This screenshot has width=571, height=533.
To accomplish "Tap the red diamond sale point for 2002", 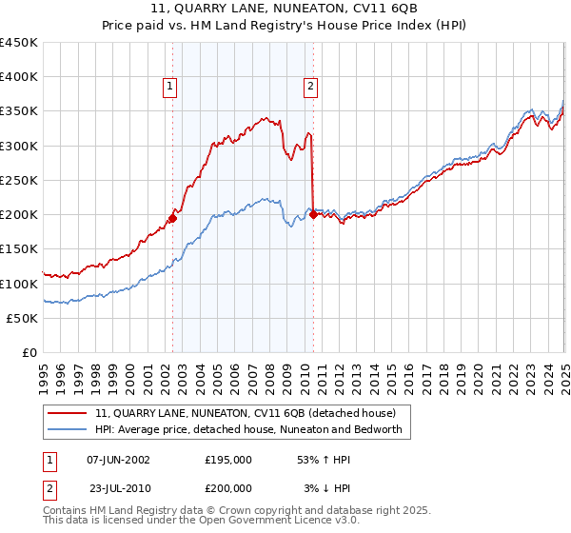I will pyautogui.click(x=172, y=218).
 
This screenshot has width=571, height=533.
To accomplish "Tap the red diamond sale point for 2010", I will pyautogui.click(x=314, y=214).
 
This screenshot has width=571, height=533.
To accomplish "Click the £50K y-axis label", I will pyautogui.click(x=23, y=318).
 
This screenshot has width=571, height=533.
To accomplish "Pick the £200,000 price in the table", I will pyautogui.click(x=227, y=488).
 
